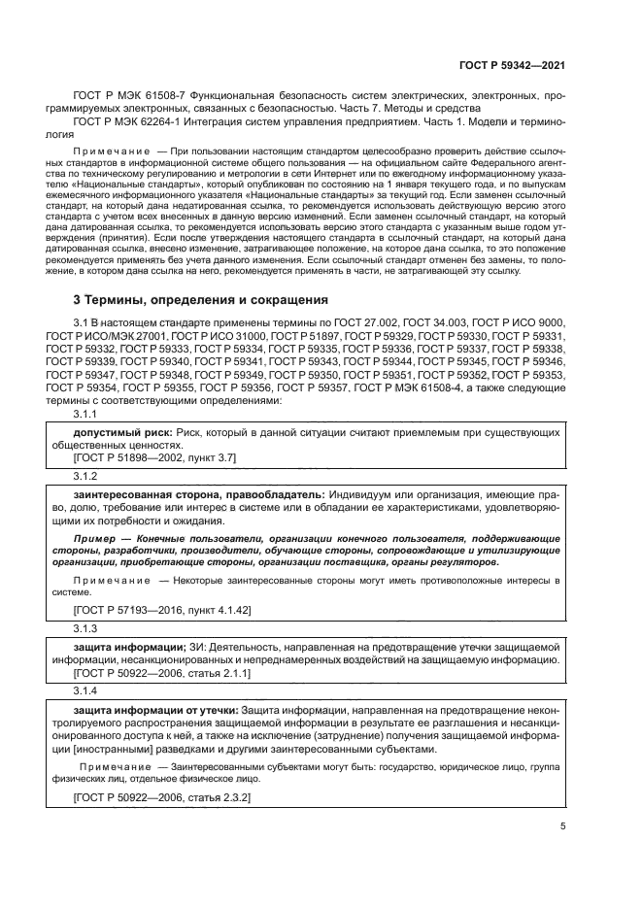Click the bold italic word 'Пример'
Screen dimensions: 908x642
95,536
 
